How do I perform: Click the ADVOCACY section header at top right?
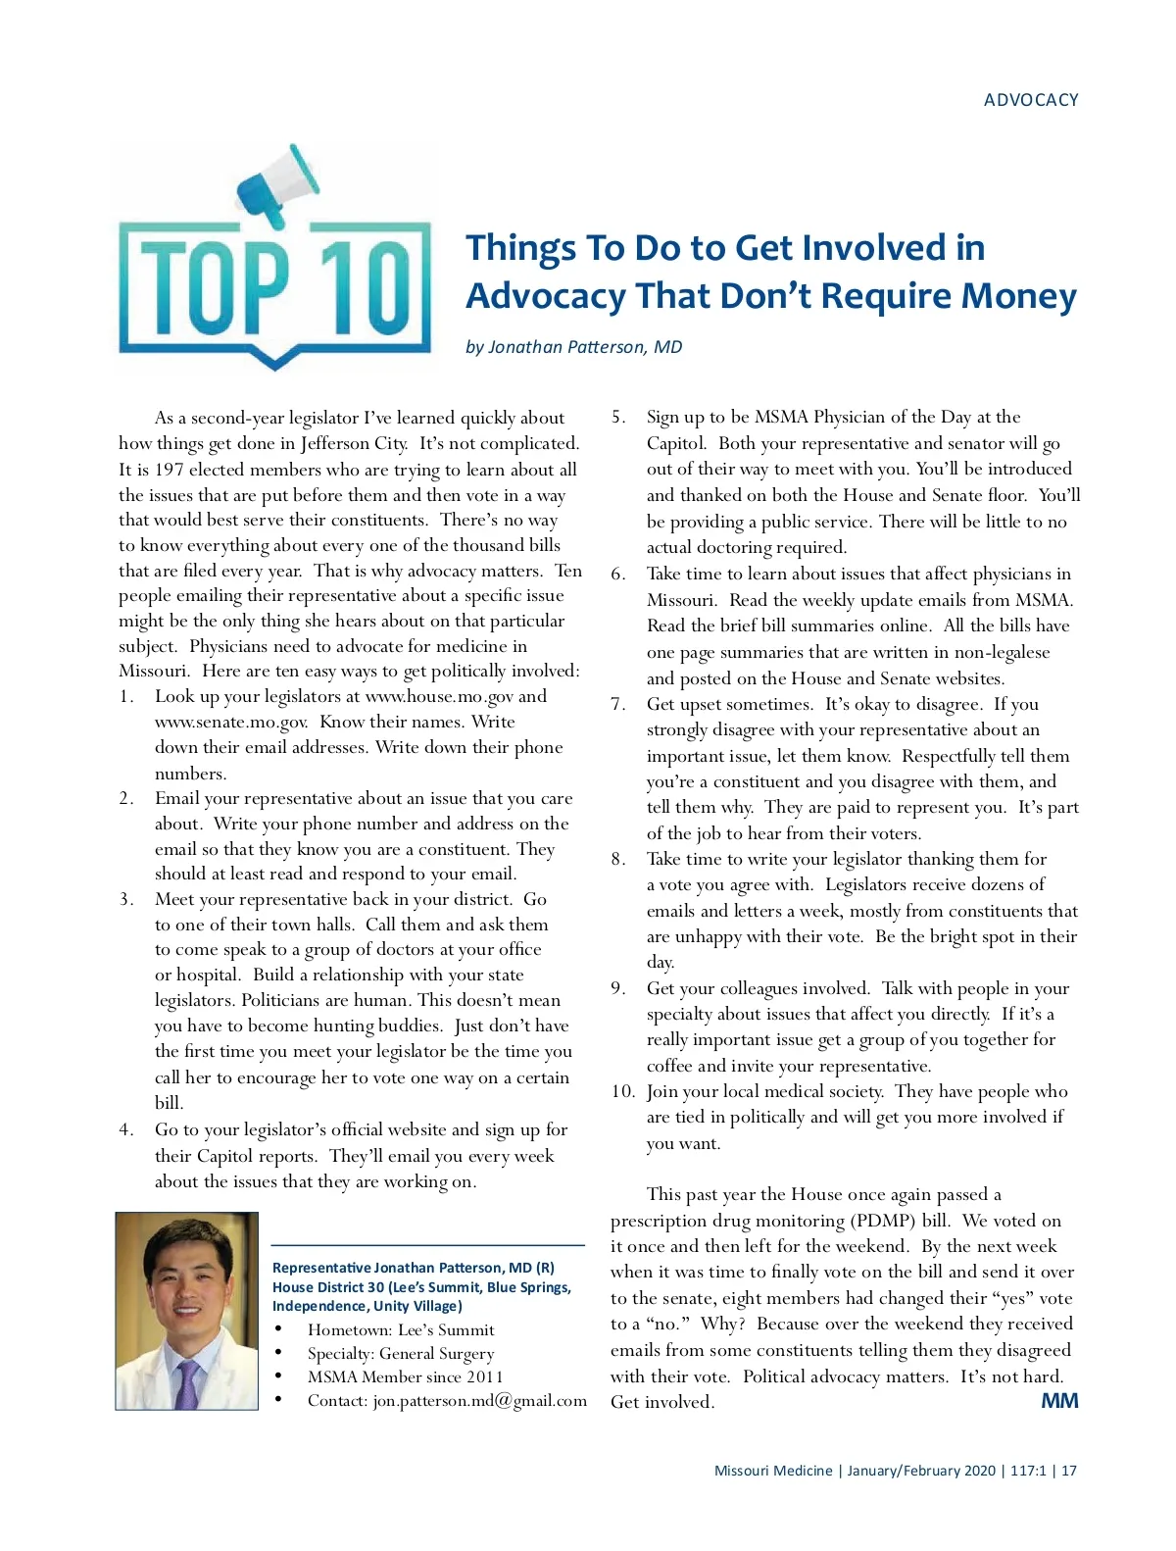(x=1030, y=100)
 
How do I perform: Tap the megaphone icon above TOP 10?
(x=279, y=186)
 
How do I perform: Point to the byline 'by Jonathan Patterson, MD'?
(x=573, y=347)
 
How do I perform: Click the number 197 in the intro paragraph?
(x=168, y=470)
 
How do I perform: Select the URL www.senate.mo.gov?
(x=231, y=722)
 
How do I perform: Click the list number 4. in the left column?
(x=126, y=1129)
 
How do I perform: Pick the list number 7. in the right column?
(x=618, y=704)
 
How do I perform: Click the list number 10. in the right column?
(x=622, y=1091)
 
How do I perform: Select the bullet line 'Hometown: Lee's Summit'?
(x=400, y=1329)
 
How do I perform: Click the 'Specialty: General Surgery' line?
(x=400, y=1353)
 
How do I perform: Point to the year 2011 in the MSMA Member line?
(x=484, y=1376)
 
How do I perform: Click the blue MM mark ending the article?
(x=1058, y=1401)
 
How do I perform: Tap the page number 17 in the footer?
(x=1069, y=1471)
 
